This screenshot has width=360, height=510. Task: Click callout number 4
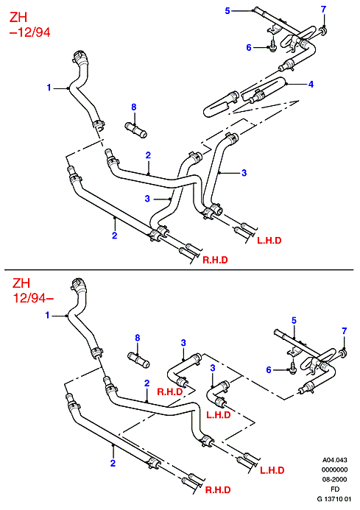tap(311, 84)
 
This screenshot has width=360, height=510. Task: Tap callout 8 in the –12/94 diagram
tap(134, 107)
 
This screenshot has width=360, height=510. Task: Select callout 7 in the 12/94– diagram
tap(345, 331)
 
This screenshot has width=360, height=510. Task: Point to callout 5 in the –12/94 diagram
tap(227, 11)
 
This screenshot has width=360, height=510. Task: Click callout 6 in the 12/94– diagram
tap(269, 370)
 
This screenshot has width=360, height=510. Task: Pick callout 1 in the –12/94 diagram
tap(49, 88)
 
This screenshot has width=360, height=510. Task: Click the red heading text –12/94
tap(30, 32)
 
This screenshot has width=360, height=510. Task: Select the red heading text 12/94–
tap(33, 297)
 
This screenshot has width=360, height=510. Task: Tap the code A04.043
tap(335, 460)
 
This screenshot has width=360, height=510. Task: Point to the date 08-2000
tap(335, 479)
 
